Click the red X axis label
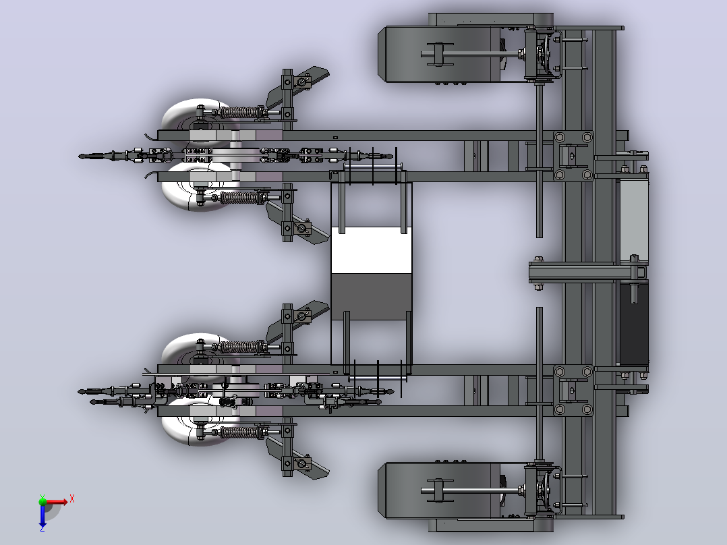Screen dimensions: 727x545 [x=72, y=499]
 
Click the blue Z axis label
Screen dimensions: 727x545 [x=42, y=528]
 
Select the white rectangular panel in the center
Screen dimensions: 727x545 [x=372, y=250]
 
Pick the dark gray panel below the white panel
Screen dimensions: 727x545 [x=372, y=296]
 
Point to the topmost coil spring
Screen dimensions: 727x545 [x=238, y=112]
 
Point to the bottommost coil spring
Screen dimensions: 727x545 [x=238, y=432]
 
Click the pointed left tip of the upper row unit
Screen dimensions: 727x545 [x=80, y=156]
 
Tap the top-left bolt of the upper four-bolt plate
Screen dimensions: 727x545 [x=560, y=138]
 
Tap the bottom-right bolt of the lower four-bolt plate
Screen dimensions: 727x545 [x=587, y=409]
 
